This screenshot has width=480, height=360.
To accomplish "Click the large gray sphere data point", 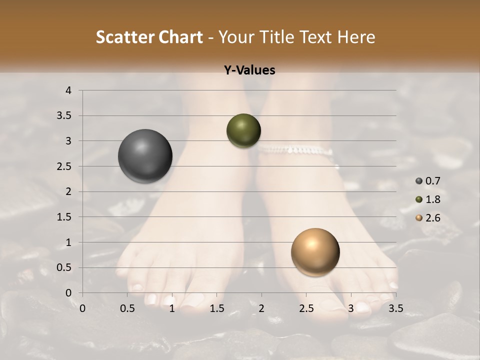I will pos(145,156).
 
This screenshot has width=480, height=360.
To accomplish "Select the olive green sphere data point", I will pos(243,130).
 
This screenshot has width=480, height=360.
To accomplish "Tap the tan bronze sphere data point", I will pos(315,252).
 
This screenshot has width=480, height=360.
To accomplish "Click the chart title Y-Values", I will pos(249,70).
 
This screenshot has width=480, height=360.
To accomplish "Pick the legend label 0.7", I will pos(432,181).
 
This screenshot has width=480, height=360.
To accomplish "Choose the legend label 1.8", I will pos(432,199).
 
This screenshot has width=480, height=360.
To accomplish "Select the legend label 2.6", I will pos(432,218).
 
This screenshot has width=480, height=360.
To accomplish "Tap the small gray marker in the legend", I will pos(419,181).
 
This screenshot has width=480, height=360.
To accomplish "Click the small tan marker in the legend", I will pos(419,218).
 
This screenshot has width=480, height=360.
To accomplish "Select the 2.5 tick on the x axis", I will pos(306,308).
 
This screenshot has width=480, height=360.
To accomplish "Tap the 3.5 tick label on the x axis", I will pos(395,308).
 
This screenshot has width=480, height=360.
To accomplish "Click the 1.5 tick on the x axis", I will pos(216,308).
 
